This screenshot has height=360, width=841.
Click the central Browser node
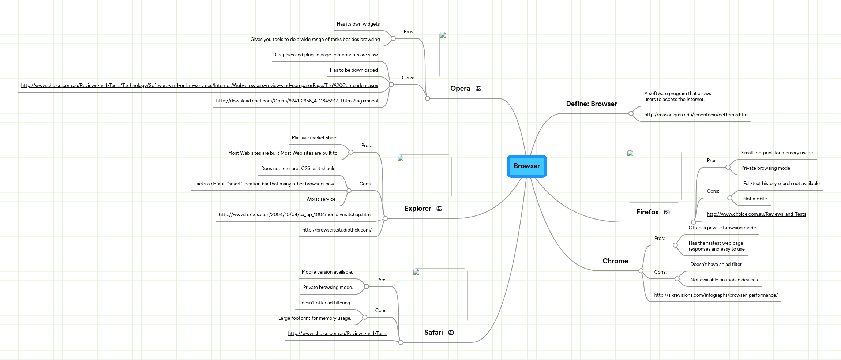(526, 166)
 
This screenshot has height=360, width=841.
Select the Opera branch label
(460, 89)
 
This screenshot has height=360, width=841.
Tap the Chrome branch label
(615, 261)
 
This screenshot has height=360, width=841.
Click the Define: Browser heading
(591, 104)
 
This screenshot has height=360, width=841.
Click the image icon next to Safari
(451, 333)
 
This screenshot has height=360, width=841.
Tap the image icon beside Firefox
(667, 212)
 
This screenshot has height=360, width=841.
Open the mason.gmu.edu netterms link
(695, 115)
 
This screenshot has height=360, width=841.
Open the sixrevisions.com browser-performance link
(716, 295)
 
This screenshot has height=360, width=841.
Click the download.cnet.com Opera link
(297, 101)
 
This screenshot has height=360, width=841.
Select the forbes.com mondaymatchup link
(295, 215)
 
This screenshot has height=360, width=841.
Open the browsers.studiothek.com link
(337, 230)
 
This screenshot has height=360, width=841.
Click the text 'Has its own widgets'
(358, 24)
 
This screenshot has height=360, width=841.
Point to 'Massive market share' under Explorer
(314, 138)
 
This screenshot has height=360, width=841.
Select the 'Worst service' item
(320, 199)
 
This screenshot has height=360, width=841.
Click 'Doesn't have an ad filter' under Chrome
(716, 265)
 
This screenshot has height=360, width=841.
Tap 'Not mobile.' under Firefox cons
(755, 199)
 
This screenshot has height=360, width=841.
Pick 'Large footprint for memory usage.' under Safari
(314, 318)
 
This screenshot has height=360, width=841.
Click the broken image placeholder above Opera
(466, 55)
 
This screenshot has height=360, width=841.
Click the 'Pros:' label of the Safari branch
(382, 280)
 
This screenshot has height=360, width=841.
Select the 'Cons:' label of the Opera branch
(408, 78)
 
